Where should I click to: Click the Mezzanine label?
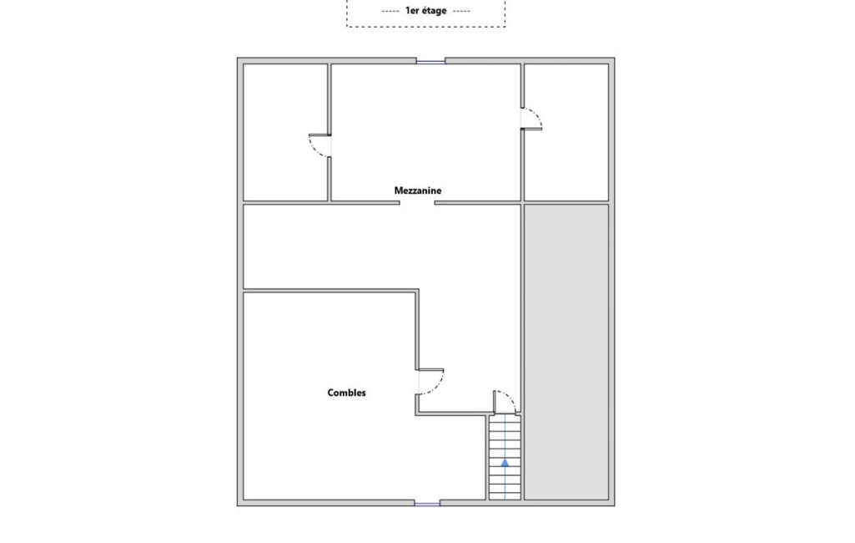click(418, 190)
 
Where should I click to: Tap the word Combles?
click(346, 393)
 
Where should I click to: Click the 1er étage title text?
click(426, 10)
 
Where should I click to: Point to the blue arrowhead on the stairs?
click(505, 462)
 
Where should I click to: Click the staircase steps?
click(505, 458)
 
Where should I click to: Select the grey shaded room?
click(566, 352)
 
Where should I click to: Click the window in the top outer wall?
click(430, 61)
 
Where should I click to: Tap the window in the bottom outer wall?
click(427, 503)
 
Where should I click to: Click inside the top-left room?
click(285, 132)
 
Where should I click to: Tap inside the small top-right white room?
click(566, 132)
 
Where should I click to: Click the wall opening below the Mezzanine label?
click(417, 203)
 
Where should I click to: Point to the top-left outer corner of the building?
click(237, 58)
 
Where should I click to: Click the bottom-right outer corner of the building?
click(615, 506)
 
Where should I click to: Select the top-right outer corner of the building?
click(615, 58)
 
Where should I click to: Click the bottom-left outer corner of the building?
click(237, 506)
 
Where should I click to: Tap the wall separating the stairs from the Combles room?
click(487, 457)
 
